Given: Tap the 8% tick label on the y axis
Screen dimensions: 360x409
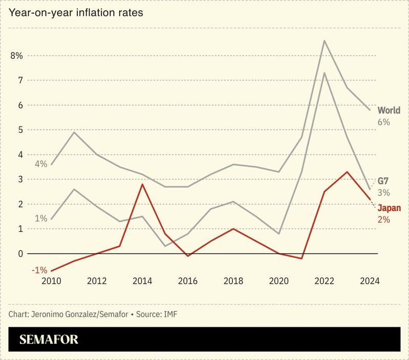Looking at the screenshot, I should (16, 55).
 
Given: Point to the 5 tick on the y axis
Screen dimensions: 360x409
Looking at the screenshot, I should (20, 130).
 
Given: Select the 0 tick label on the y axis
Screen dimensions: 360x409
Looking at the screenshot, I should (20, 254).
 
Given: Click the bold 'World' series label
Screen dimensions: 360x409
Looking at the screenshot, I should (389, 111).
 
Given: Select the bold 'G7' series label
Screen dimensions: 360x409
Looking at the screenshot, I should (383, 181).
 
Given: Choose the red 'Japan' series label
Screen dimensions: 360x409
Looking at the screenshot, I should (389, 208).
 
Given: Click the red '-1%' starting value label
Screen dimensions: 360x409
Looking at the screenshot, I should (39, 270).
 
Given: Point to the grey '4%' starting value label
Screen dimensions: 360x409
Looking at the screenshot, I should (41, 164).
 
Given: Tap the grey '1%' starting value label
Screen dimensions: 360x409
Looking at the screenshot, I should (41, 219).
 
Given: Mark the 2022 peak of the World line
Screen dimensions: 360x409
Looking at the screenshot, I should (325, 40).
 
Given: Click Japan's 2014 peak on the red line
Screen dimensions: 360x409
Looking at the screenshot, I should (142, 184).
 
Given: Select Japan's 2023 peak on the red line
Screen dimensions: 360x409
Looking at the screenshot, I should (347, 172).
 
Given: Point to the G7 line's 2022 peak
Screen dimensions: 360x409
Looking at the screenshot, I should (325, 73).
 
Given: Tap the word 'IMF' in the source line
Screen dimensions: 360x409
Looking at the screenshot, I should (170, 313).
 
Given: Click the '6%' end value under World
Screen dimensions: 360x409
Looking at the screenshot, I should (384, 122).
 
